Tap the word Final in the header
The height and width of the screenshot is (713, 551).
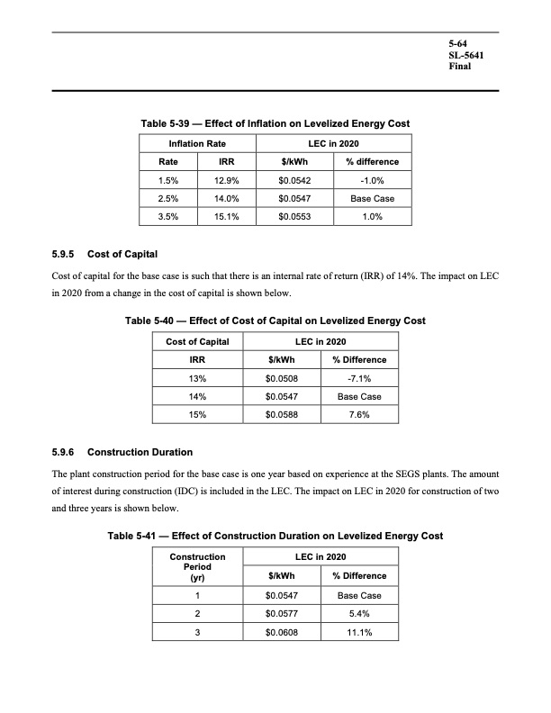[x=461, y=67]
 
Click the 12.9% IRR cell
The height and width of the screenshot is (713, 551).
[x=228, y=180]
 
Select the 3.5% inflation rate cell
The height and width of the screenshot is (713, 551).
[x=167, y=217]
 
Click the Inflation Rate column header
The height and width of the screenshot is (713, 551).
[x=197, y=144]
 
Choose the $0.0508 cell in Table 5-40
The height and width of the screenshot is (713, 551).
[x=283, y=379]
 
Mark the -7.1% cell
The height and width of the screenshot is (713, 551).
[x=359, y=379]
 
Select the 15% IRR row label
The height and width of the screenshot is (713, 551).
[x=198, y=415]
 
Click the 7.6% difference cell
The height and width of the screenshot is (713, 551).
[x=359, y=415]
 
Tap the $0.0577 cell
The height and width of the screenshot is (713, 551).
[x=283, y=614]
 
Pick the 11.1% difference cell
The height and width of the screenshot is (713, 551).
[x=359, y=632]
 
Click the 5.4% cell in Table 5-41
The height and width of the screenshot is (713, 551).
[x=359, y=614]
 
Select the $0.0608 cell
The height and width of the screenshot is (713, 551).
[x=283, y=632]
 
